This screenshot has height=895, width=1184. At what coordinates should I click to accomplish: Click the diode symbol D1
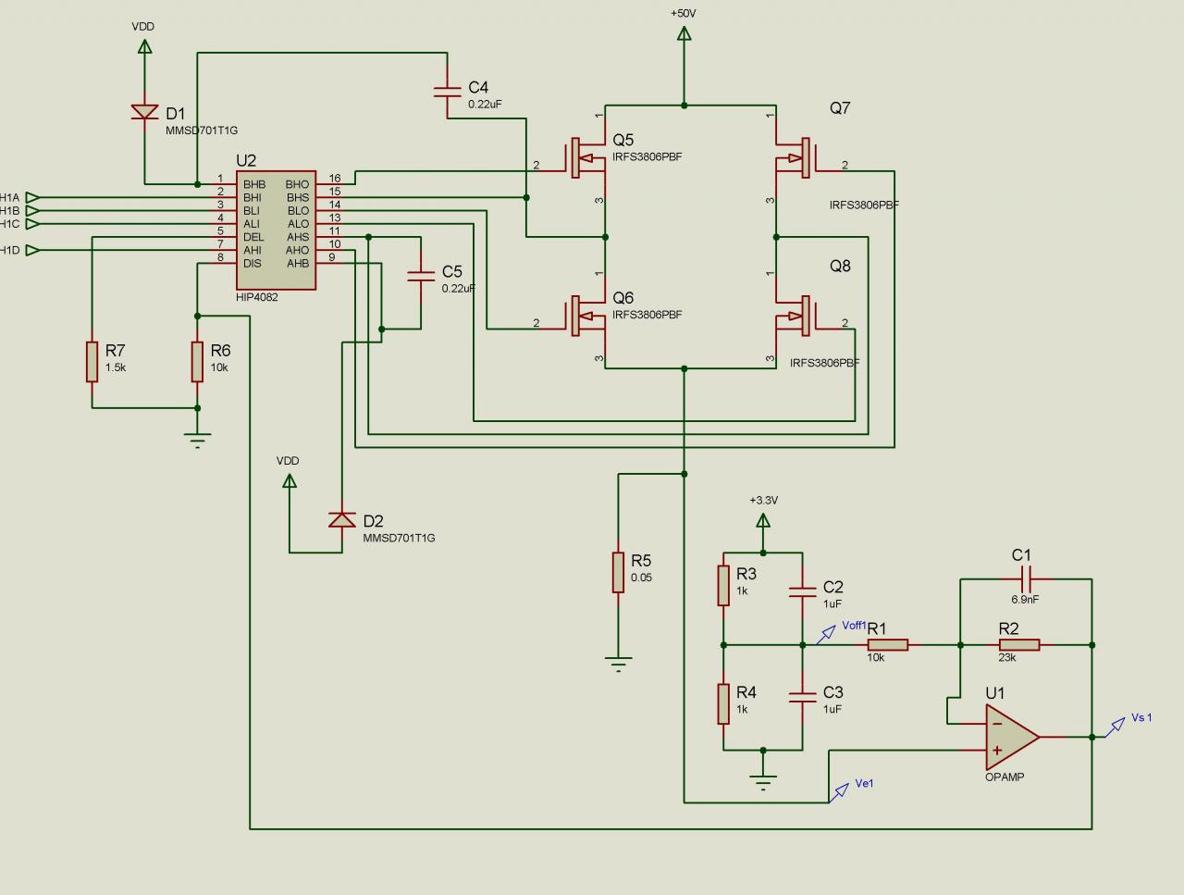[144, 112]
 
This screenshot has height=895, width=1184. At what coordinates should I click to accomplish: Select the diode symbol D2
[342, 519]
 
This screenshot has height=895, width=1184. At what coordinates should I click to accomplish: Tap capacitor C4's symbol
[447, 91]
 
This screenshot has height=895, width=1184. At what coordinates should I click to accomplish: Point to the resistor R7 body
[92, 361]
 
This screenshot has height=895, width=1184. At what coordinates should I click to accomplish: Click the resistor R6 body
[197, 361]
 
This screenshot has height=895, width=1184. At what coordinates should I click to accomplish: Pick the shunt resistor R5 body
[618, 572]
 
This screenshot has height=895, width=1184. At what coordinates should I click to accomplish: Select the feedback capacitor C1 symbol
[1026, 579]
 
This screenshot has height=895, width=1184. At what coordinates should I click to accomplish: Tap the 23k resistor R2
[1019, 645]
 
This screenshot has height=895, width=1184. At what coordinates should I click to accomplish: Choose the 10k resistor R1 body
[887, 645]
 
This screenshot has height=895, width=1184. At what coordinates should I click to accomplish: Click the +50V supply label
[684, 14]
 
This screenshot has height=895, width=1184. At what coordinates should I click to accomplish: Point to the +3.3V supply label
[763, 500]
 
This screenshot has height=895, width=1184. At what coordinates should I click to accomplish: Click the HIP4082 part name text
[257, 297]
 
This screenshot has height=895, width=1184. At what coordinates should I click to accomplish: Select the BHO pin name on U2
[298, 184]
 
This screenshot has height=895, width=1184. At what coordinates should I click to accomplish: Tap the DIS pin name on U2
[253, 263]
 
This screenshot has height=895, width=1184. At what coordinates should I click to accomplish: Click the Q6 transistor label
[623, 298]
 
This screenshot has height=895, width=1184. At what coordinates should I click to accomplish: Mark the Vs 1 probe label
[1141, 718]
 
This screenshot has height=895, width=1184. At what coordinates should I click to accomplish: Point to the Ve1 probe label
[864, 784]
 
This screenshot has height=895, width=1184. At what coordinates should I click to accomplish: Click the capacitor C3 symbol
[802, 697]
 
